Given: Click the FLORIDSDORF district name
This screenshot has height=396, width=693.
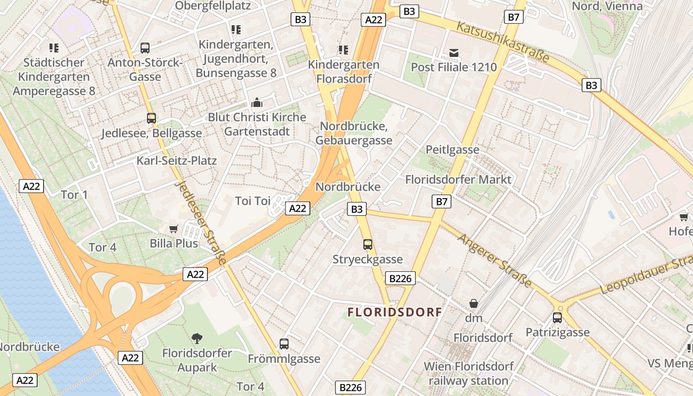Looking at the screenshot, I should click(x=395, y=312).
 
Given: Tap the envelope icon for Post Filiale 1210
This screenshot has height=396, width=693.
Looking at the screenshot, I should click(x=454, y=52).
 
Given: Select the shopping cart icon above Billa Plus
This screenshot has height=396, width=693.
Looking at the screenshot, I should click(x=173, y=229).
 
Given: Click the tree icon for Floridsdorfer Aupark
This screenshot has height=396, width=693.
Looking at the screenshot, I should click(x=197, y=339).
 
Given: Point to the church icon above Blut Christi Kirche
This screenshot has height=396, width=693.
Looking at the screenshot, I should click(x=257, y=102).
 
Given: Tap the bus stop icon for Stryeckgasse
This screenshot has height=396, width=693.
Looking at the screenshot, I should click(x=367, y=244).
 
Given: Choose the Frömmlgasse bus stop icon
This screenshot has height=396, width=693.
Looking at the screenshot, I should click(x=284, y=344).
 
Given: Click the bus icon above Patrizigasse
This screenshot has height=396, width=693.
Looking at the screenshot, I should click(x=557, y=317).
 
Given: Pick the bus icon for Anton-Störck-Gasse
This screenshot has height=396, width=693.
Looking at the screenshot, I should click(x=145, y=48).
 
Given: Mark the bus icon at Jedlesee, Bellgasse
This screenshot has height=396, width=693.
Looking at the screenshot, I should click(x=151, y=118).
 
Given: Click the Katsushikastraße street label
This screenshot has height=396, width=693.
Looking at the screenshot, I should click(x=502, y=42).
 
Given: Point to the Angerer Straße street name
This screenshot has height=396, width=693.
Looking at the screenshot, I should click(x=495, y=260).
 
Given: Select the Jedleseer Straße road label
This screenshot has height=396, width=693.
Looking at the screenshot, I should click(x=201, y=222).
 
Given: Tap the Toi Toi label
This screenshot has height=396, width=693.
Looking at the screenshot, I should click(x=252, y=201).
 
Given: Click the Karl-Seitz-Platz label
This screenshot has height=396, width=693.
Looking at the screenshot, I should click(x=177, y=161).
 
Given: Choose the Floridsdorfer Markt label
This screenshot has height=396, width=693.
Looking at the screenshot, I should click(x=458, y=179).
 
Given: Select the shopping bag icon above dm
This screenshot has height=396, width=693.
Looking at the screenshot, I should click(x=474, y=303).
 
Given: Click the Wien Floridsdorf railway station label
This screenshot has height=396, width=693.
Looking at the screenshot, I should click(x=468, y=374).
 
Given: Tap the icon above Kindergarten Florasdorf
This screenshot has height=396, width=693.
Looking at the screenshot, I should click(x=343, y=49).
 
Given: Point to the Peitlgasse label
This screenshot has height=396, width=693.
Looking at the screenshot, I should click(x=452, y=149).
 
